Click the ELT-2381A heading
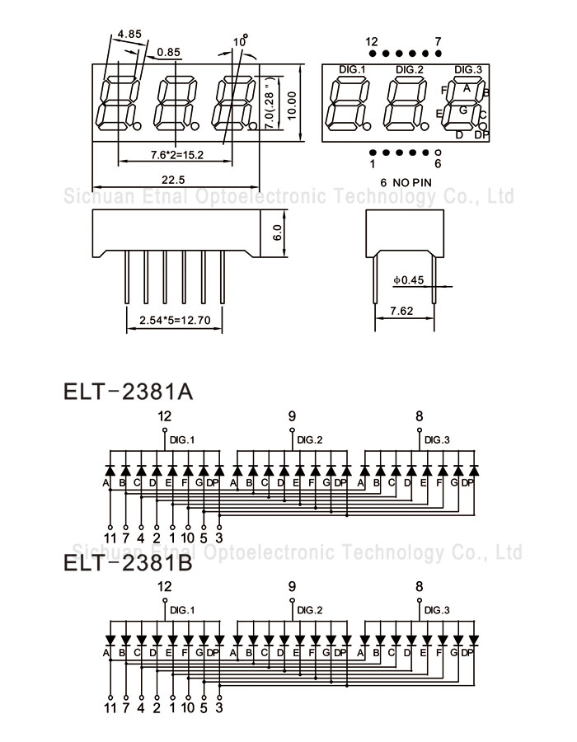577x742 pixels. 128,389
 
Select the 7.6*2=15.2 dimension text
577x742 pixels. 177,155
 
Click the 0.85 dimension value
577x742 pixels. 169,52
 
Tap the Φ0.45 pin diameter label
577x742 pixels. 408,280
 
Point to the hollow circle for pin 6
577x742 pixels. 438,153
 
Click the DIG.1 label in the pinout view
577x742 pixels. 352,68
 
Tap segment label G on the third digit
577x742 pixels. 463,109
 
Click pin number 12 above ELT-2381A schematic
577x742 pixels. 165,416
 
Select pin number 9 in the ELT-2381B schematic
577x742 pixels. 292,587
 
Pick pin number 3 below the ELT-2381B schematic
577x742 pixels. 219,707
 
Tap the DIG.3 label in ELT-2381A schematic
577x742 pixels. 437,440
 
